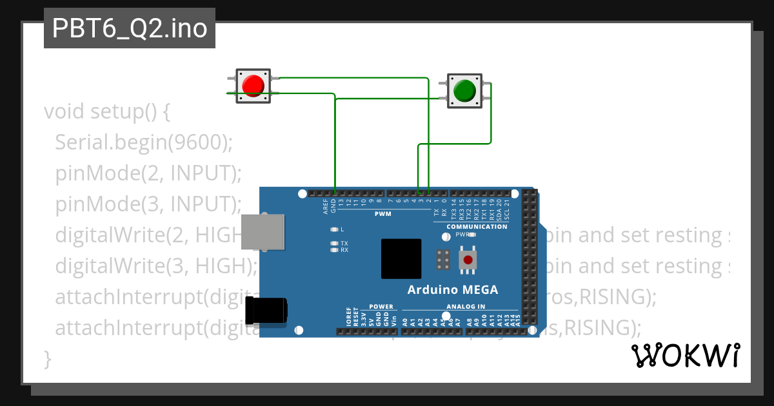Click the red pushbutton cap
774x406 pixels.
(252, 86)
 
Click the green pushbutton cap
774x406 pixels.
(464, 91)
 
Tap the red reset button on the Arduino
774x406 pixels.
(468, 260)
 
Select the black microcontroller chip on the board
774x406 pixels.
(401, 259)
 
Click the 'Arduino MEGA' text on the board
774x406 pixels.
(452, 289)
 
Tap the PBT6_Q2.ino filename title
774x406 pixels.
(130, 28)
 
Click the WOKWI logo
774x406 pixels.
(685, 355)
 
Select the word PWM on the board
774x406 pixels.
(383, 213)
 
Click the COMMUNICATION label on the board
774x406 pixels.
(477, 227)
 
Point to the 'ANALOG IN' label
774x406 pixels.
(466, 307)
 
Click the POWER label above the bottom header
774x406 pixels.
(381, 307)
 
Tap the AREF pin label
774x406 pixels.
(326, 206)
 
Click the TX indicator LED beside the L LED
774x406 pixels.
(334, 243)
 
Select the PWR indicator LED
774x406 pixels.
(472, 235)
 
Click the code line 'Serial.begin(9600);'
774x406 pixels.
(143, 142)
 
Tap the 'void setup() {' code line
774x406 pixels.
(107, 111)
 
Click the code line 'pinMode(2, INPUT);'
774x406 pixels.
(148, 173)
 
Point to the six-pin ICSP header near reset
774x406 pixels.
(442, 260)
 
